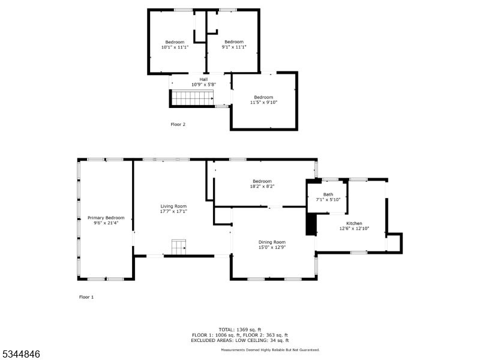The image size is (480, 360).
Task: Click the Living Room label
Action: pyautogui.click(x=173, y=206)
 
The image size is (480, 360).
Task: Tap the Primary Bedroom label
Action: pyautogui.click(x=106, y=217)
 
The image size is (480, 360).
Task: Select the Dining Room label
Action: pyautogui.click(x=272, y=242)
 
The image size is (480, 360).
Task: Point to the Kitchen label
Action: pyautogui.click(x=354, y=223)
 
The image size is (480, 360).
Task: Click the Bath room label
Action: pyautogui.click(x=328, y=194)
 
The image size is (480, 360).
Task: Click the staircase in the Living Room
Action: pyautogui.click(x=179, y=247)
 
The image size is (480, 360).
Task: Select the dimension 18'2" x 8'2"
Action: pyautogui.click(x=262, y=187)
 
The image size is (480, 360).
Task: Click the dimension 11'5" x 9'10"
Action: pyautogui.click(x=263, y=103)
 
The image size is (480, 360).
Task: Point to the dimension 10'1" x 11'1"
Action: pyautogui.click(x=175, y=47)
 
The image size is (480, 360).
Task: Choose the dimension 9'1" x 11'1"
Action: pyautogui.click(x=233, y=47)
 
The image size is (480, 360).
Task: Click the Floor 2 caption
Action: pyautogui.click(x=178, y=125)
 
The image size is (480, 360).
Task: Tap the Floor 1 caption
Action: pyautogui.click(x=86, y=297)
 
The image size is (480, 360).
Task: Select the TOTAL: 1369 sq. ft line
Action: pyautogui.click(x=239, y=329)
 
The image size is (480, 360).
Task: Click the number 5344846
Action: pyautogui.click(x=21, y=355)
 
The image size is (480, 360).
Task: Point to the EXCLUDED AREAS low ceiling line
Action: pyautogui.click(x=239, y=340)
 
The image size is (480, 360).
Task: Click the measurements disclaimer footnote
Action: pyautogui.click(x=270, y=350)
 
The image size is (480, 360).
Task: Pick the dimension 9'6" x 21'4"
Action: pyautogui.click(x=106, y=223)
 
